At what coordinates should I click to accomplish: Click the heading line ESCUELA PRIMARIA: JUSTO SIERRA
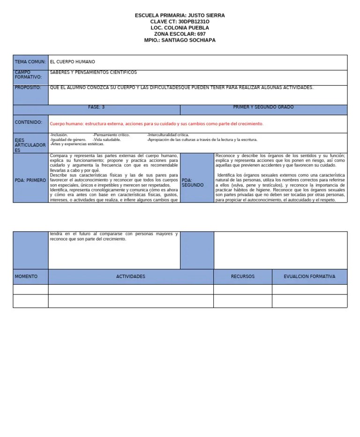(180, 15)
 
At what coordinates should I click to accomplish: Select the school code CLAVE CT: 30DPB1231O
(180, 22)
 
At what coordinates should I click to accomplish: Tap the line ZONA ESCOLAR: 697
(180, 34)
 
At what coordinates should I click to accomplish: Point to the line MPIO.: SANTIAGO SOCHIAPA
(180, 40)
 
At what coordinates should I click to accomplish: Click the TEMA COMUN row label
(30, 62)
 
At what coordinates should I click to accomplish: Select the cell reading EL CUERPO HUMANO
(72, 62)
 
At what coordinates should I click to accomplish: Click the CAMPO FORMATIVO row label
(28, 75)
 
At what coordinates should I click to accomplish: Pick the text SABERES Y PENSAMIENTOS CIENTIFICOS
(93, 73)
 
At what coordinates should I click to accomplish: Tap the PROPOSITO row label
(28, 88)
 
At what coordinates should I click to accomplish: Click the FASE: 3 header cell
(96, 107)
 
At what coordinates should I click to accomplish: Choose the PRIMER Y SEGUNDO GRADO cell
(263, 107)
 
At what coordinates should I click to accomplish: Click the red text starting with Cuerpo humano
(157, 124)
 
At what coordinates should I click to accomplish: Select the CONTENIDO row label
(28, 122)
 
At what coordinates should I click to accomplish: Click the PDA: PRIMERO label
(30, 180)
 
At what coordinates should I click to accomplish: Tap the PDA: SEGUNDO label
(193, 182)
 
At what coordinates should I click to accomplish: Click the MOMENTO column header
(26, 277)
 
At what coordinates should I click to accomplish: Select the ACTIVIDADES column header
(131, 277)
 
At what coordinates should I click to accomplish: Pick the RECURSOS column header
(242, 277)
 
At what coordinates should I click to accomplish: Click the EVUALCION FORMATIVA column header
(309, 277)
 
